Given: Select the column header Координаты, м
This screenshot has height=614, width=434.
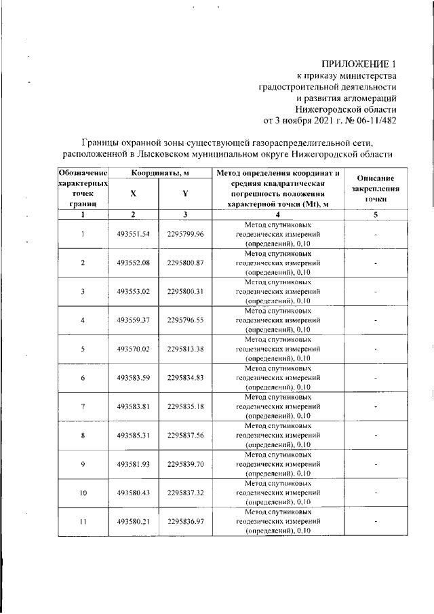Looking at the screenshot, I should (159, 174).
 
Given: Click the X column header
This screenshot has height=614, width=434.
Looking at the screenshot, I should (134, 193).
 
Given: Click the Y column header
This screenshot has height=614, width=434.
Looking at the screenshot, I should (185, 193).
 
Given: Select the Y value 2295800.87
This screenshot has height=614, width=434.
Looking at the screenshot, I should (186, 263).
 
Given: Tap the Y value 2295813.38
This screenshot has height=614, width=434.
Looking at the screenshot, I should (186, 349).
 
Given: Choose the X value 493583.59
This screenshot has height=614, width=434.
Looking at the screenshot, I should (133, 377).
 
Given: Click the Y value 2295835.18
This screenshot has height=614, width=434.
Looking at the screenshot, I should (186, 406).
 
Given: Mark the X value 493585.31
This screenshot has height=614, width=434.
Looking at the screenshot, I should (133, 435).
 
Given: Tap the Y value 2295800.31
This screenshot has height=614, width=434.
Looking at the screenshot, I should (186, 292).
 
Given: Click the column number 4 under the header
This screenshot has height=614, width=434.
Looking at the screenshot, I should (279, 215).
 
